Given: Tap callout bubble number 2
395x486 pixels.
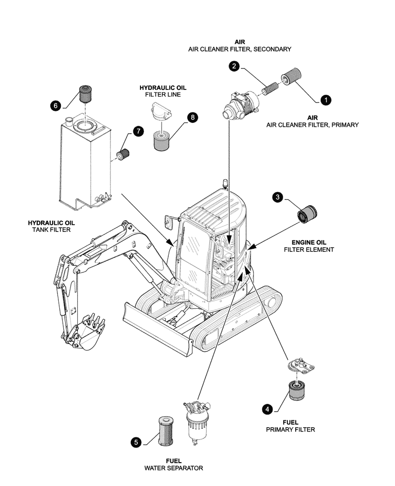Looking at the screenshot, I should [234, 67].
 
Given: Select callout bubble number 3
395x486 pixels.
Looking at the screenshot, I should [277, 197].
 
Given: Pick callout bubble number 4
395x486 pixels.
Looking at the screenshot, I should [267, 410].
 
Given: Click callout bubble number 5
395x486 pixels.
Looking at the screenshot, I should [137, 442].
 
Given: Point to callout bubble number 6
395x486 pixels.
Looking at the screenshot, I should [56, 104].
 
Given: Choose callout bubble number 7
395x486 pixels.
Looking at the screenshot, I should [138, 131].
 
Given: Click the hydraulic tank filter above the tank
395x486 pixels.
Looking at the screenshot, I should [86, 94].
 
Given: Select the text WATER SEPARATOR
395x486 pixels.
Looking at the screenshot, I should [174, 468].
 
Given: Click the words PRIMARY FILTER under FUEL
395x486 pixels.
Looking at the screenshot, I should [290, 430].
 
